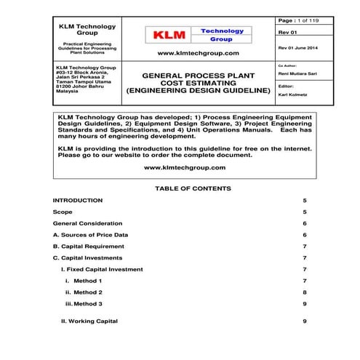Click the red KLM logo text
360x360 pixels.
coord(169,34)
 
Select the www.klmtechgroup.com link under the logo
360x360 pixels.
coord(197,53)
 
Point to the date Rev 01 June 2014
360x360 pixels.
coord(298,47)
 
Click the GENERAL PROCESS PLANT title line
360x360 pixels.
coord(197,76)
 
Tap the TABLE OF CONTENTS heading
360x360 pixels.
coord(193,188)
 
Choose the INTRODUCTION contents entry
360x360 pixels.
coord(78,199)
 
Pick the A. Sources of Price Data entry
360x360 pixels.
coord(91,235)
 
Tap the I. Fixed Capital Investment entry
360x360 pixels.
coord(102,269)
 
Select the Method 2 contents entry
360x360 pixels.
coord(88,292)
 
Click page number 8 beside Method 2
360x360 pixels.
coord(305,292)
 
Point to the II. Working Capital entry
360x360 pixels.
coord(89,321)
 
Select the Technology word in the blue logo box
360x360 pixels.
coord(223,31)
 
